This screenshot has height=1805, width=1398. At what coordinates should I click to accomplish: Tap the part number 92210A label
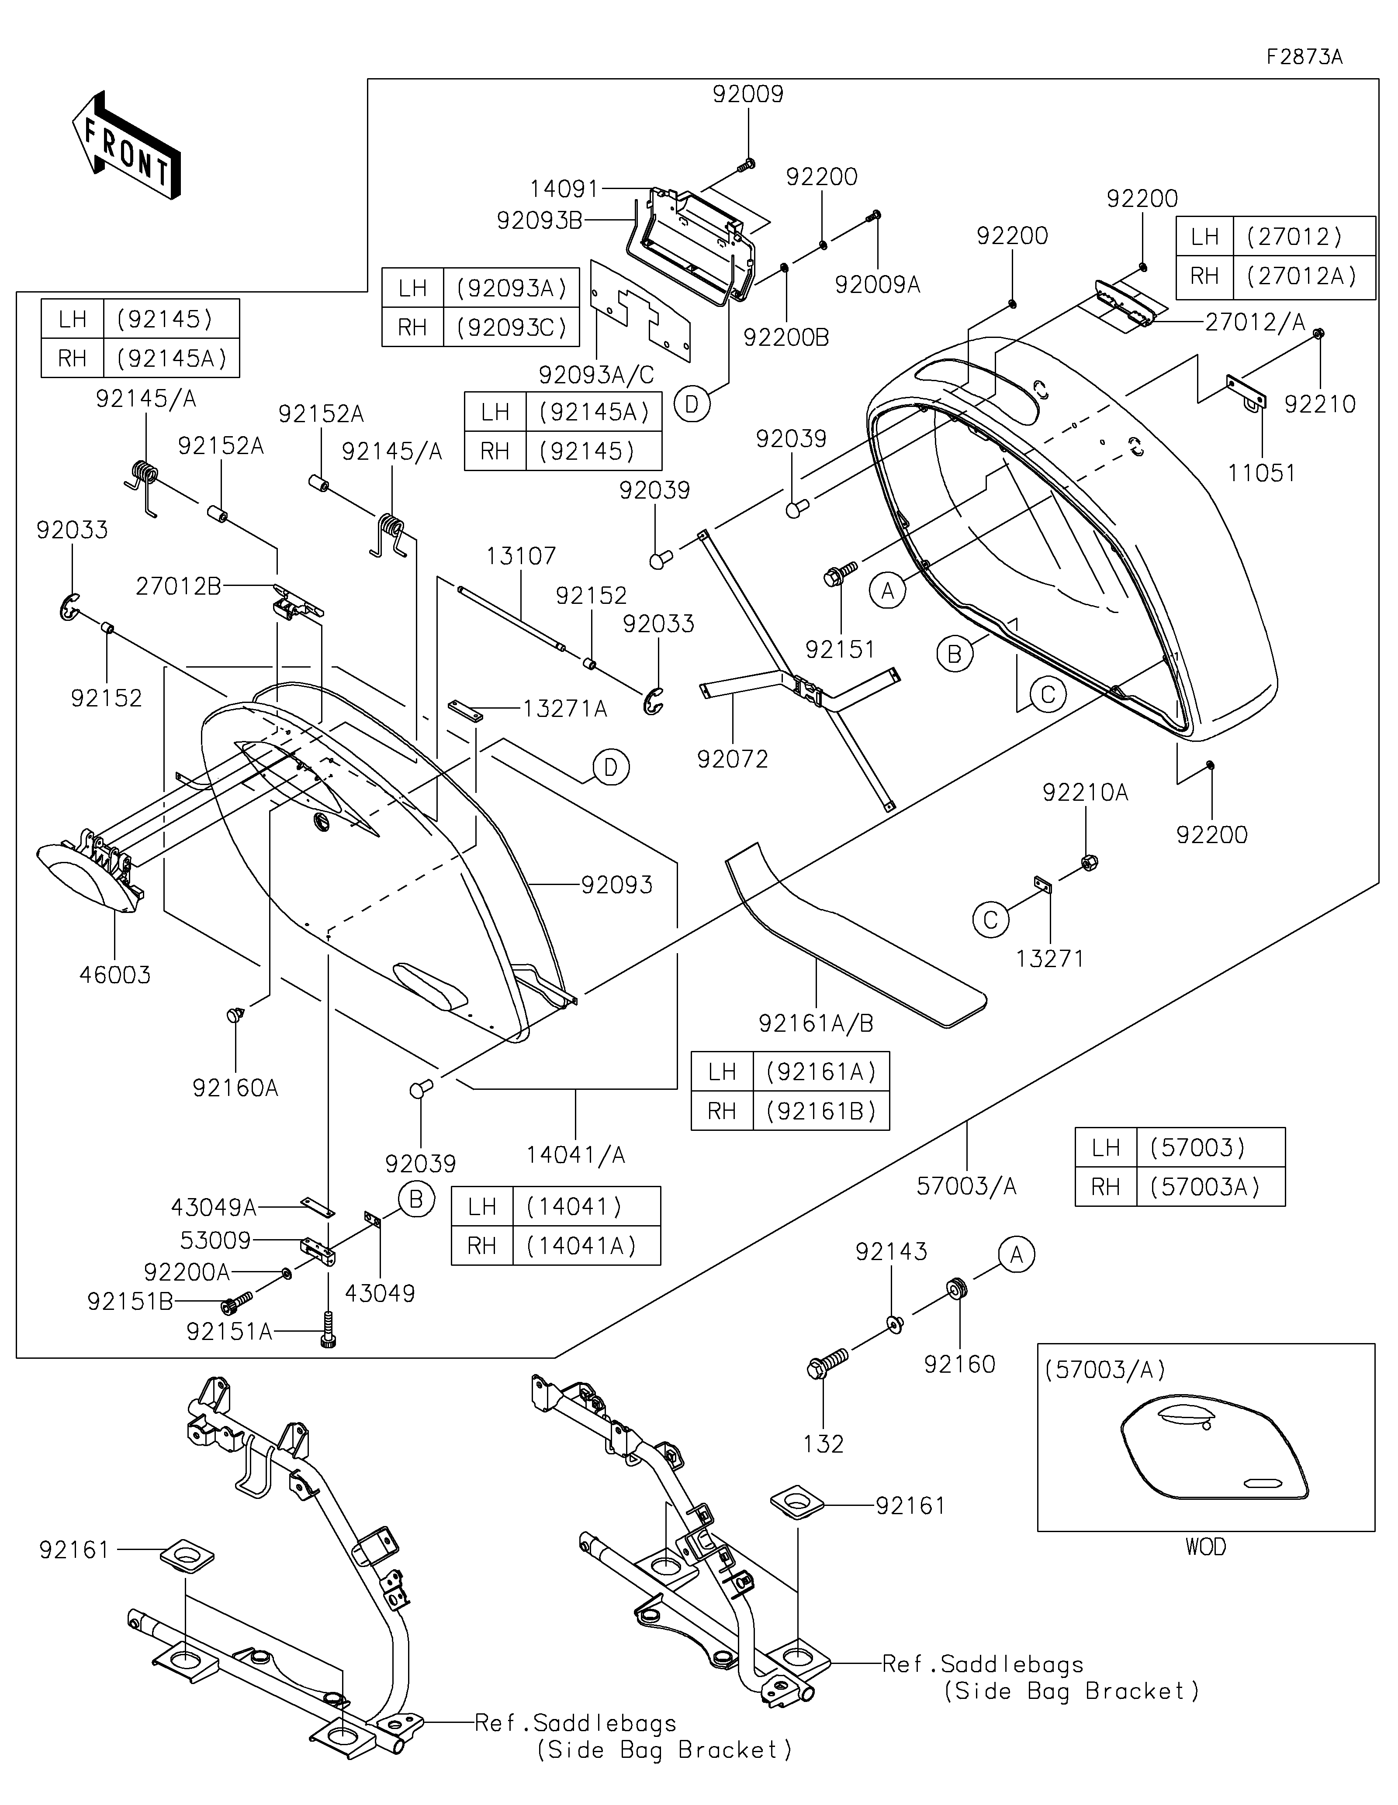(1086, 792)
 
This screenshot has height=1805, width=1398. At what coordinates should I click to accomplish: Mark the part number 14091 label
(564, 189)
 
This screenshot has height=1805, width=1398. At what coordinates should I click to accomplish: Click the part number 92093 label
(617, 885)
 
